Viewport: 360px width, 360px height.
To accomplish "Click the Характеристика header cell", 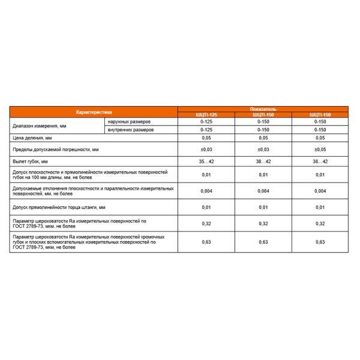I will click(93, 112).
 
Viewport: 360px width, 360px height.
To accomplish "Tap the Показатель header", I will click(262, 109).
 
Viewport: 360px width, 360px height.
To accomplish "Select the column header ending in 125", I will click(205, 115).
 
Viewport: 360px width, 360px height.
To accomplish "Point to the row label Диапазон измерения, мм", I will click(37, 126).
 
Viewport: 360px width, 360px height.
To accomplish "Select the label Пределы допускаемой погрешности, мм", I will click(55, 149).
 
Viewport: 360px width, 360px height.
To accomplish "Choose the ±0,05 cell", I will click(319, 149).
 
